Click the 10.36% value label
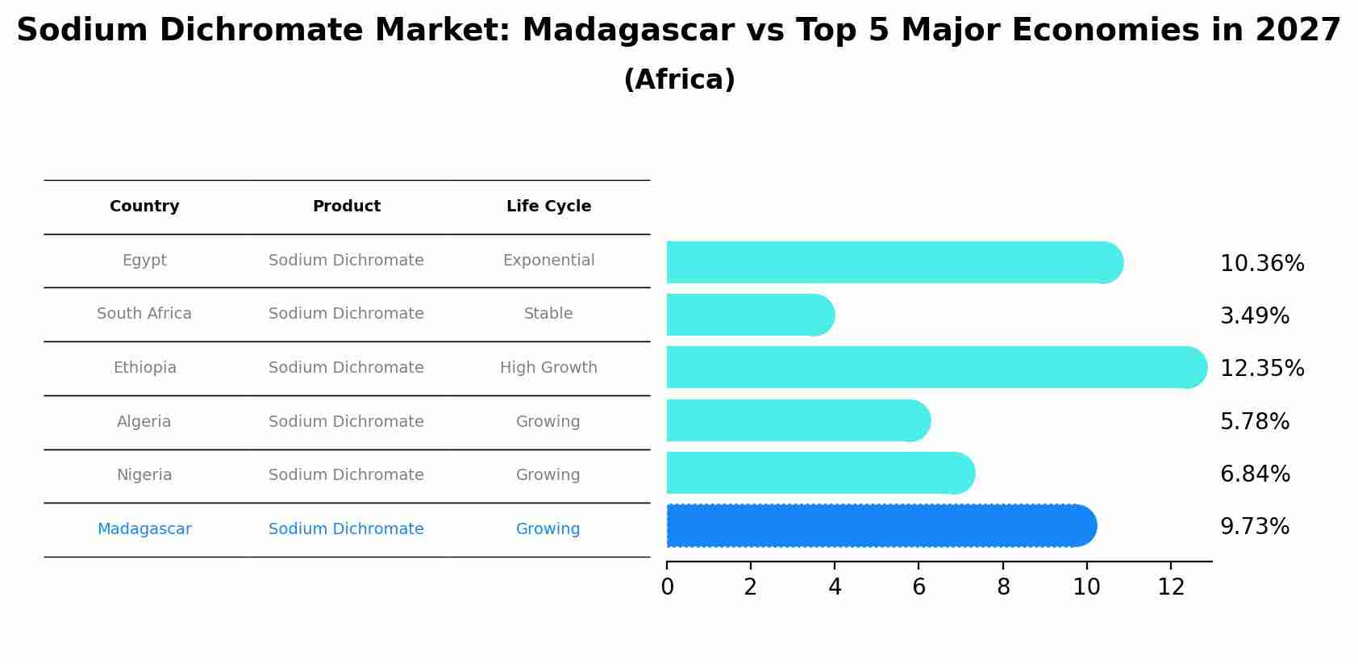(x=1261, y=264)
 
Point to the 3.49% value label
(x=1254, y=316)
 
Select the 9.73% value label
(x=1254, y=527)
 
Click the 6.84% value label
(x=1254, y=474)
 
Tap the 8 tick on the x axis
(x=1003, y=587)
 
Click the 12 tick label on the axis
(x=1171, y=587)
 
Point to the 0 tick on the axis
(x=667, y=587)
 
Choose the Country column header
(x=144, y=207)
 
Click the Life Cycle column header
(x=548, y=207)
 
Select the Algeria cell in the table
(x=144, y=422)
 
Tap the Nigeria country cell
(x=144, y=475)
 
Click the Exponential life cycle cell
(x=548, y=261)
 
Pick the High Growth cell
(x=548, y=368)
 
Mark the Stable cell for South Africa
(x=548, y=314)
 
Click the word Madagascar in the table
(x=144, y=529)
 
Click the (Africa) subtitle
(x=679, y=80)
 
